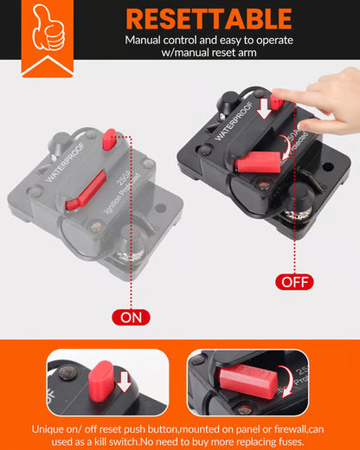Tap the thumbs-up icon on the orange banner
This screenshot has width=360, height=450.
pyautogui.click(x=47, y=31)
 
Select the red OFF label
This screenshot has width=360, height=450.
pyautogui.click(x=294, y=281)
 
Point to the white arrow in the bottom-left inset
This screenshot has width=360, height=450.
pyautogui.click(x=124, y=381)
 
